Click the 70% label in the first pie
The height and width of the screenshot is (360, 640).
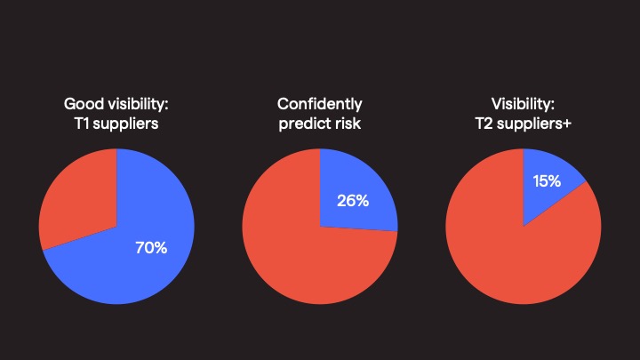[x=150, y=248]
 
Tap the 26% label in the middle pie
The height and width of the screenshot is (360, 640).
[x=353, y=200]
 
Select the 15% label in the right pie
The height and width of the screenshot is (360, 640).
[x=546, y=181]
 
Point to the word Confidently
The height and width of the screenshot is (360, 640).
[x=320, y=105]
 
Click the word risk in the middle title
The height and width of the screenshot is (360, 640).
[x=347, y=124]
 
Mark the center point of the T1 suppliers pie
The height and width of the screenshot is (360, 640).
[x=116, y=226]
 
